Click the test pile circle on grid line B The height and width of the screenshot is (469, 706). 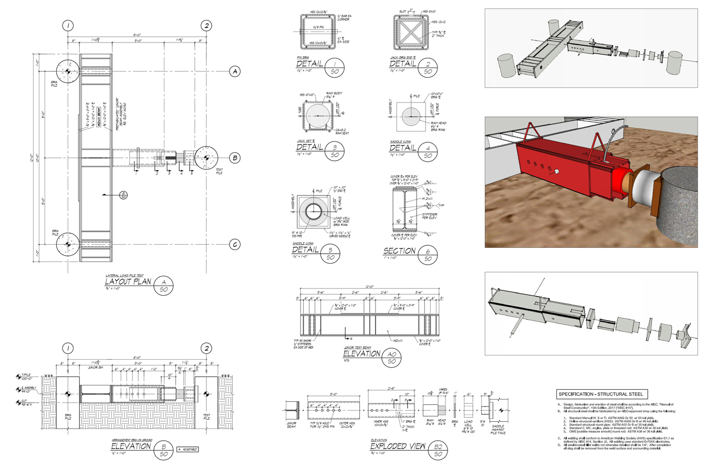tap(205, 158)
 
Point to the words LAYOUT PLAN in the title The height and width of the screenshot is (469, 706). tap(128, 282)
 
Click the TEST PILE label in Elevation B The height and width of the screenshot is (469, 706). tap(206, 417)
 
